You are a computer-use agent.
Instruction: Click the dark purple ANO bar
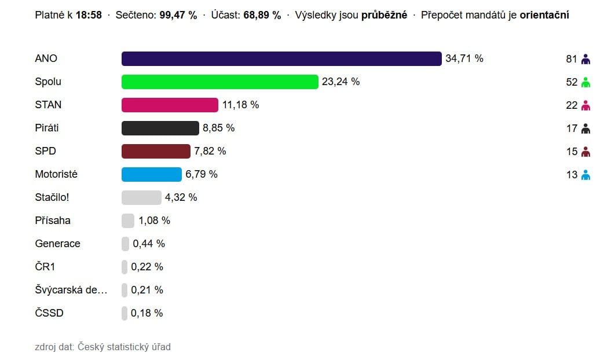pyautogui.click(x=281, y=58)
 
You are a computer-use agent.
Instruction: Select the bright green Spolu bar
pyautogui.click(x=220, y=82)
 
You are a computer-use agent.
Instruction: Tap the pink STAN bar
pyautogui.click(x=170, y=105)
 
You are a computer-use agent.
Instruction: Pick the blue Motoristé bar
pyautogui.click(x=152, y=174)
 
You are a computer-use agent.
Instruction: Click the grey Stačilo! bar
pyautogui.click(x=141, y=197)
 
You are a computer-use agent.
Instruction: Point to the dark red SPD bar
pyautogui.click(x=156, y=151)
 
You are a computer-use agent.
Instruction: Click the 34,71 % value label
pyautogui.click(x=464, y=58)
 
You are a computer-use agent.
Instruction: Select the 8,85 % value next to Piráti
pyautogui.click(x=218, y=128)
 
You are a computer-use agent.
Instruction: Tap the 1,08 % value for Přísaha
pyautogui.click(x=154, y=221)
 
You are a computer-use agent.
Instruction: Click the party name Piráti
pyautogui.click(x=47, y=128)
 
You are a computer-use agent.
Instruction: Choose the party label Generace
pyautogui.click(x=57, y=244)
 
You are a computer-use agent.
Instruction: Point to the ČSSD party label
pyautogui.click(x=49, y=313)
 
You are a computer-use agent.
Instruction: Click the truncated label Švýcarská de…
pyautogui.click(x=71, y=290)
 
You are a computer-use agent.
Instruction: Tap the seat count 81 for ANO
pyautogui.click(x=572, y=59)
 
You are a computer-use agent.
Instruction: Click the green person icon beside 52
pyautogui.click(x=585, y=82)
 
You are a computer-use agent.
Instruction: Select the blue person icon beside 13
pyautogui.click(x=585, y=175)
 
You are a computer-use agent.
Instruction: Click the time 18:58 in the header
pyautogui.click(x=89, y=15)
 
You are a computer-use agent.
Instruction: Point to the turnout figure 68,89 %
pyautogui.click(x=261, y=15)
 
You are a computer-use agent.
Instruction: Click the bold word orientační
pyautogui.click(x=544, y=15)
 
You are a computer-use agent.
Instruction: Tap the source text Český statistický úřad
pyautogui.click(x=124, y=347)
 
